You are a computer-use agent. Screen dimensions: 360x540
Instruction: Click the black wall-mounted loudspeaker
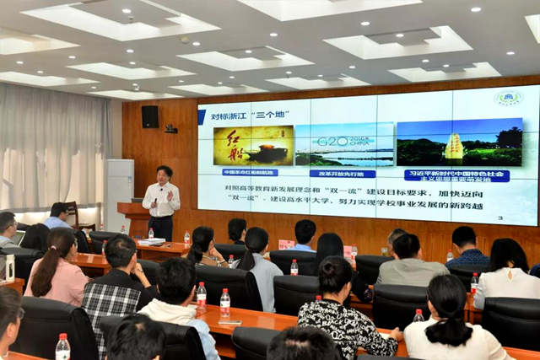(x=150, y=116)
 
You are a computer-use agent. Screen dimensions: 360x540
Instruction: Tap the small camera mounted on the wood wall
(x=171, y=129)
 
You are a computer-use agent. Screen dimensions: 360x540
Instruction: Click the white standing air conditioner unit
(x=118, y=193)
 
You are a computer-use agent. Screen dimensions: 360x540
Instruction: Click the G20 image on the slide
(x=343, y=145)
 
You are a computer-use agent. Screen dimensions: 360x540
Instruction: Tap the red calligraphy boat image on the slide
(x=252, y=146)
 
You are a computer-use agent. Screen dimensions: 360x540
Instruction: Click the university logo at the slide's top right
(x=508, y=98)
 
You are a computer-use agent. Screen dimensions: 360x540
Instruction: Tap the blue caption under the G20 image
(x=342, y=174)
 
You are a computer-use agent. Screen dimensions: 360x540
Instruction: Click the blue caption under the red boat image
(x=250, y=172)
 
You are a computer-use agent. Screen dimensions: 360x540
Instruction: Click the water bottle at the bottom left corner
(x=62, y=347)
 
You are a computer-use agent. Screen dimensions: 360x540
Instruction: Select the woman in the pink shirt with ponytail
(x=56, y=270)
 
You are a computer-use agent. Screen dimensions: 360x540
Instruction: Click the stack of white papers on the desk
(x=152, y=242)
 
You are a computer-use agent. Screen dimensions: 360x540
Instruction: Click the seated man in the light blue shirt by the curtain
(x=58, y=216)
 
